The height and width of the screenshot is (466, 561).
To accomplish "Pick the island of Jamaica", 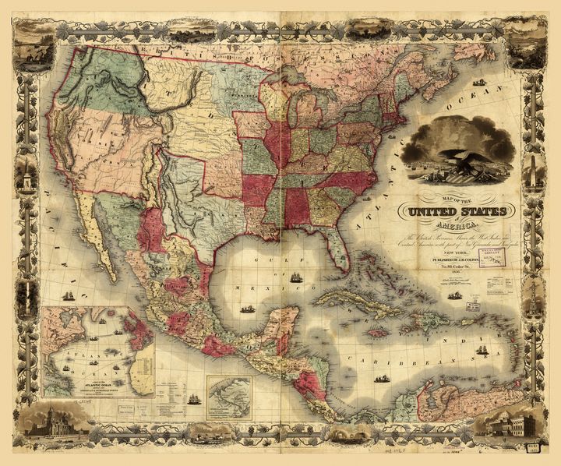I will [x=379, y=331].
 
